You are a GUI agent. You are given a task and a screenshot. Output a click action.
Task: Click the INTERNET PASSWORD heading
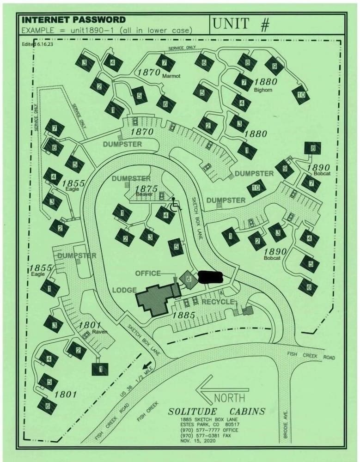point(73,20)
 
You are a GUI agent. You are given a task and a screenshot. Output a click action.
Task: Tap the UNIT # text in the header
point(241,24)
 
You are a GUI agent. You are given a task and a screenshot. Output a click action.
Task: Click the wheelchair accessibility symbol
point(175,204)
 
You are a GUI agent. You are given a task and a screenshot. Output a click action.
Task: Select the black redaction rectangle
point(210,277)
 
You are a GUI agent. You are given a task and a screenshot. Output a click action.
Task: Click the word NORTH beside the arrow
point(230,397)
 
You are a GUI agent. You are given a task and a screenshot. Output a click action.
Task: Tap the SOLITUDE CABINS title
point(216,411)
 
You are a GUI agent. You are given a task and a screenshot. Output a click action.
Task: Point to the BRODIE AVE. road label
point(286,424)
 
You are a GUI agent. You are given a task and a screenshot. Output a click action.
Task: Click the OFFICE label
point(147,274)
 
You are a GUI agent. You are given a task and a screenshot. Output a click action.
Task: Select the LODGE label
point(124,290)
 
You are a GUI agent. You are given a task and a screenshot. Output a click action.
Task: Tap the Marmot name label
point(171,76)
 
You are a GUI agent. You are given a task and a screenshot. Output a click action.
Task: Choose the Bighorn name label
point(263,90)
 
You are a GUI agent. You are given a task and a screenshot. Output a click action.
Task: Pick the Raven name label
point(99,332)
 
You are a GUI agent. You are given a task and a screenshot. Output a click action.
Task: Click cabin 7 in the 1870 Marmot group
point(165,62)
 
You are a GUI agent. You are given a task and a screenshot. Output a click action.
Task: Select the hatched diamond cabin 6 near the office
point(189,279)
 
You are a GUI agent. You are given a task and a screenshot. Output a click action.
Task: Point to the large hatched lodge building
point(155,299)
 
